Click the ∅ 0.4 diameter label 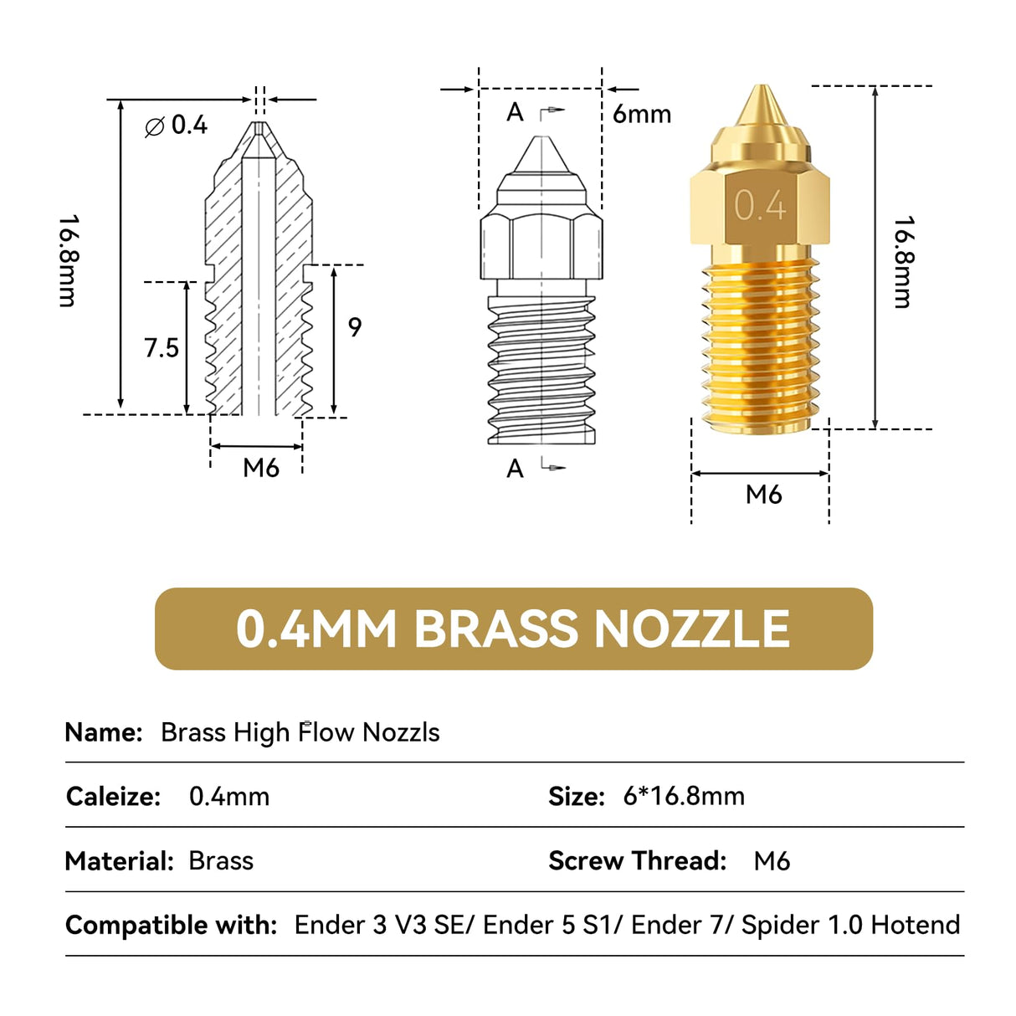click(x=177, y=126)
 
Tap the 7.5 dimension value click(x=162, y=347)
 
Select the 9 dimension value click(x=355, y=326)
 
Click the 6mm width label click(x=641, y=114)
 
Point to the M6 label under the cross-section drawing click(x=261, y=468)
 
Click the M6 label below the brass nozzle click(x=763, y=495)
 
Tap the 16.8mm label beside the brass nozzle click(x=903, y=262)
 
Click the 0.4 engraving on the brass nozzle click(x=760, y=205)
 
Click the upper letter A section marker click(x=516, y=112)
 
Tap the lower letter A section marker click(x=516, y=469)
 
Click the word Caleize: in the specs click(x=113, y=796)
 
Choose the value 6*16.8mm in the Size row click(x=684, y=796)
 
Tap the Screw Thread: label click(x=637, y=860)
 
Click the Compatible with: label click(x=171, y=925)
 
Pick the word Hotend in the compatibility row click(x=915, y=925)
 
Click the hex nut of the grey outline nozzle click(x=541, y=247)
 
